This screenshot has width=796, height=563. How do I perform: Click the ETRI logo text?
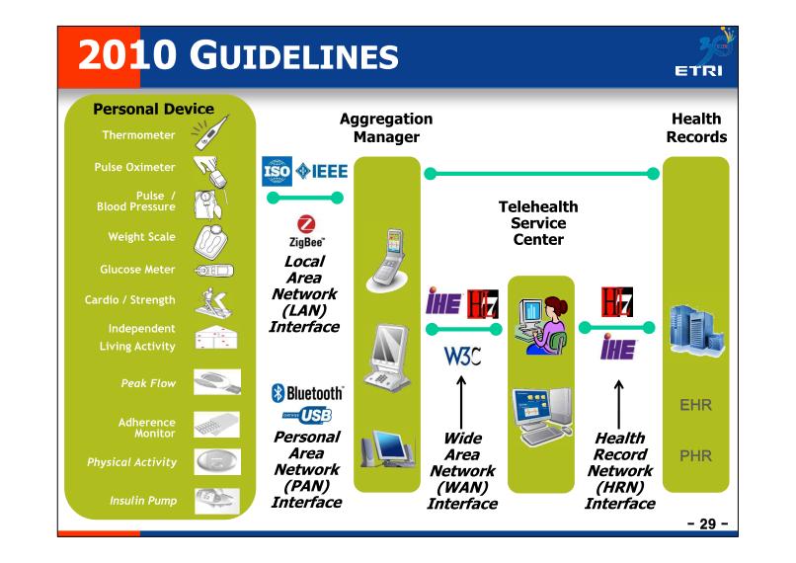[698, 70]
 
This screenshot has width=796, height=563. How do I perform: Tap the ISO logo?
[277, 171]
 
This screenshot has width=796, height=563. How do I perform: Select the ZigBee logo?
[306, 231]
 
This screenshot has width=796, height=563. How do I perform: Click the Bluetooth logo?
[307, 393]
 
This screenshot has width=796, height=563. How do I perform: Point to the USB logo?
[307, 415]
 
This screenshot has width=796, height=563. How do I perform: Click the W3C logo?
[462, 356]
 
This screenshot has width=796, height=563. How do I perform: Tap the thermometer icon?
[209, 132]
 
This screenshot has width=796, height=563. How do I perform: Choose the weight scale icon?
[210, 240]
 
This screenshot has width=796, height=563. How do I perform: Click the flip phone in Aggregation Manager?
[388, 260]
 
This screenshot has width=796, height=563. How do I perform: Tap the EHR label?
[695, 405]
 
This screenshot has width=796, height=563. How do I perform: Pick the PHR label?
[695, 456]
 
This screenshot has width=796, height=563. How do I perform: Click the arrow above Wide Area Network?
[461, 403]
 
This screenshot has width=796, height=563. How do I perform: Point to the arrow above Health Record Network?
[619, 405]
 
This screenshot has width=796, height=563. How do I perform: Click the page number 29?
[708, 523]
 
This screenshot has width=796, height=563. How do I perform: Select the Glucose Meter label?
[137, 269]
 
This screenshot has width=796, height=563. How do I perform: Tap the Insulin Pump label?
[143, 501]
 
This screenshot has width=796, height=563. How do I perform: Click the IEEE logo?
[322, 171]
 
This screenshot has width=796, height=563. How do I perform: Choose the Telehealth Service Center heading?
[538, 223]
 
